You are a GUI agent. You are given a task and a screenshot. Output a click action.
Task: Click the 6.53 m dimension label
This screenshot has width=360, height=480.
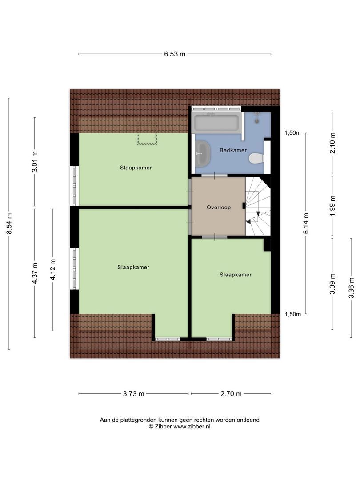click(175, 54)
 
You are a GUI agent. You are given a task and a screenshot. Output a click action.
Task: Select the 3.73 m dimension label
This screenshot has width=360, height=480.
click(133, 394)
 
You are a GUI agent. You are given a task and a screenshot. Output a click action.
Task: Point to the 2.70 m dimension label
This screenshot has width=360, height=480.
click(231, 394)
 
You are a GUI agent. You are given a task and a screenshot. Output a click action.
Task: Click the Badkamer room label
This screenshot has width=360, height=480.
click(233, 150)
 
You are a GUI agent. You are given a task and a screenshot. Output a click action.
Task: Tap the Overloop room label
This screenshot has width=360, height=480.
click(219, 208)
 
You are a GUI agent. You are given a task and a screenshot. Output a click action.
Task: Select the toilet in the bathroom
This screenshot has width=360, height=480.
click(256, 158)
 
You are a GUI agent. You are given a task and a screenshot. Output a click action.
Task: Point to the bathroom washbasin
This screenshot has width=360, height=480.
click(204, 152)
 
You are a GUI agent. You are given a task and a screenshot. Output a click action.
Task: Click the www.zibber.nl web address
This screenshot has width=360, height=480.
click(192, 426)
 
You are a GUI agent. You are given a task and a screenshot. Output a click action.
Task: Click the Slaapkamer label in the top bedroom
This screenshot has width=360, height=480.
click(136, 168)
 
